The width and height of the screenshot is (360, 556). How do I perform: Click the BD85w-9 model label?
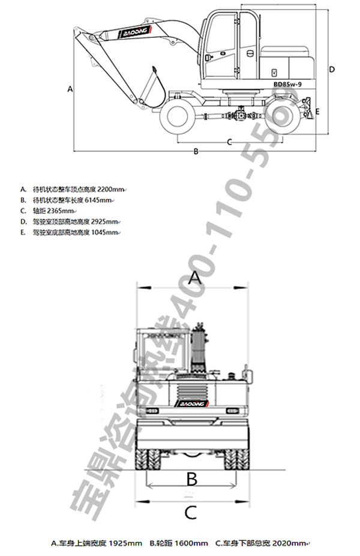click(x=290, y=85)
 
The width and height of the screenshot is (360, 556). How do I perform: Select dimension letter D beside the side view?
click(x=332, y=69)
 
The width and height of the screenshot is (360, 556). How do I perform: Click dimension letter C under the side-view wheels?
click(x=229, y=142)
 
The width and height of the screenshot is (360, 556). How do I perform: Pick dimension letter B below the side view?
click(x=196, y=151)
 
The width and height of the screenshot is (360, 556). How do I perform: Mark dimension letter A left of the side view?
click(x=70, y=89)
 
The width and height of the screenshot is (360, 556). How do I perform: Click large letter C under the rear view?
click(x=190, y=512)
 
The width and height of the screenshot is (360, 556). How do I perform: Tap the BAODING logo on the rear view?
click(x=191, y=403)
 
